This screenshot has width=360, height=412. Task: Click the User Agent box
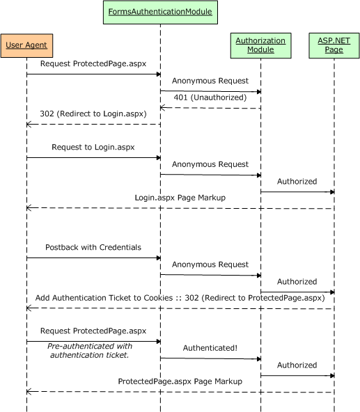pos(26,45)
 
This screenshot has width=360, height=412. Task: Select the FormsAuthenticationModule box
pos(160,12)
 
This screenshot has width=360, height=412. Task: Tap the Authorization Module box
pos(260,45)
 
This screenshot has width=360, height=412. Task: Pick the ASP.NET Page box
pos(334,45)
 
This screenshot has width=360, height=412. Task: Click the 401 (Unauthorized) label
pos(210,97)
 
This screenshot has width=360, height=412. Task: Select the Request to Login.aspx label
pos(93,148)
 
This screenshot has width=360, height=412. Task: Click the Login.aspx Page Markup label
pos(180,198)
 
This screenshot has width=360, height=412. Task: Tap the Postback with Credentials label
pos(93,247)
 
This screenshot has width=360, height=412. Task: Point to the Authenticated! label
pos(210,348)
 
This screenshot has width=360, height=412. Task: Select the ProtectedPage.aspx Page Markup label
pos(180,381)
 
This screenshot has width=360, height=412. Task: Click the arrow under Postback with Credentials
pos(93,258)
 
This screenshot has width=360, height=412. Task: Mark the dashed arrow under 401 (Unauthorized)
pos(210,108)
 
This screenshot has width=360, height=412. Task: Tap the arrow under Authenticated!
pos(210,358)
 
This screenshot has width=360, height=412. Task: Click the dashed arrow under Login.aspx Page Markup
pos(180,208)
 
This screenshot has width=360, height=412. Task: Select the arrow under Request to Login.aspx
pos(93,158)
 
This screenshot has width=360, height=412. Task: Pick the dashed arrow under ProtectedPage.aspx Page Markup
pos(180,392)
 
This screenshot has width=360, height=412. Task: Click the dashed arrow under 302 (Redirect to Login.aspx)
pos(93,125)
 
